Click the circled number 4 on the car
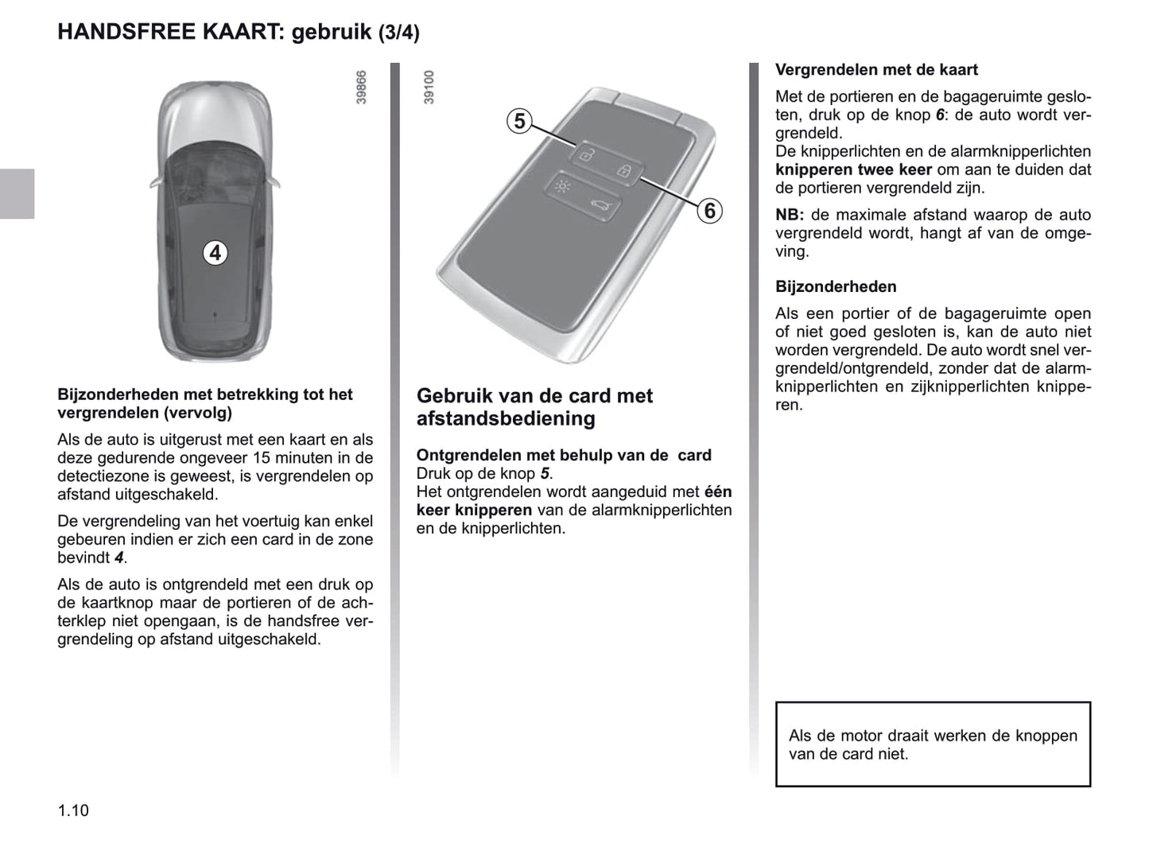[215, 253]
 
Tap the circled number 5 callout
[519, 121]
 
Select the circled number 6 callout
[709, 211]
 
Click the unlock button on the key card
[585, 154]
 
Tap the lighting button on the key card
[562, 188]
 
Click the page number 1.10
[73, 810]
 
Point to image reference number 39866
[361, 87]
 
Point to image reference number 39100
[429, 87]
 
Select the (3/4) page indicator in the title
[398, 33]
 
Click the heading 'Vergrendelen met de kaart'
[876, 70]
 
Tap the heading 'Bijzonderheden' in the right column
[836, 287]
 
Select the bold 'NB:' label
[790, 215]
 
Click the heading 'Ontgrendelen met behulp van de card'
[564, 455]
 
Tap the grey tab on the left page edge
[17, 193]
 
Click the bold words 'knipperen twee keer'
[853, 169]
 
